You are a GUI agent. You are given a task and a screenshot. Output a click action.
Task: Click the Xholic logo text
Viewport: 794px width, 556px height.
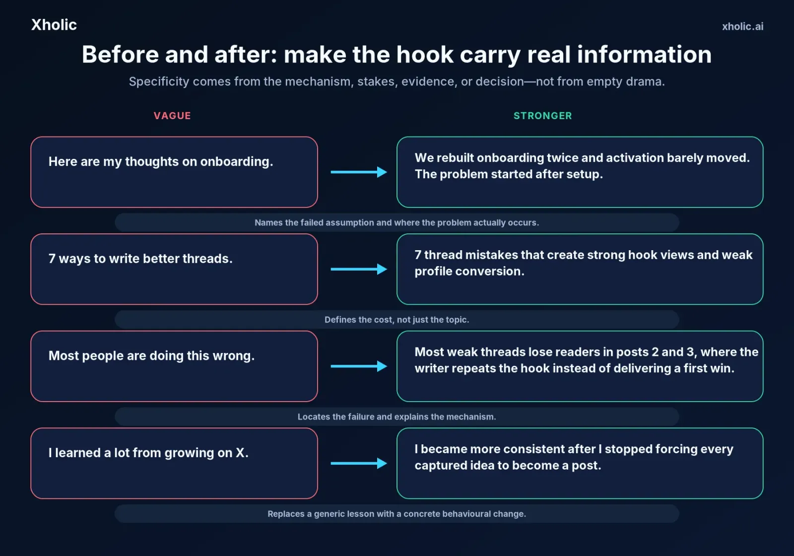pos(54,25)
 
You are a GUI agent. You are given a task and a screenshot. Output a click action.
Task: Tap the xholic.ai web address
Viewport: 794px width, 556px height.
pos(742,27)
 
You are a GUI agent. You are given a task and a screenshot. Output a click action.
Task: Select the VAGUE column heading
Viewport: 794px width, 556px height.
pos(172,116)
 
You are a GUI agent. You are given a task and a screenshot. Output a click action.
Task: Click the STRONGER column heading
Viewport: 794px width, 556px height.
pos(543,116)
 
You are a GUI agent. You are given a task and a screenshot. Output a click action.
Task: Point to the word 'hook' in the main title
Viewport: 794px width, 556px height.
pos(425,55)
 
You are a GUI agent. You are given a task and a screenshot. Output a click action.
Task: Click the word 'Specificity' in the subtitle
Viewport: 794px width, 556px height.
pos(159,82)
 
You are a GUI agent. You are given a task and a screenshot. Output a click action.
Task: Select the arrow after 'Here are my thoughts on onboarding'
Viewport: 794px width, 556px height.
pos(359,172)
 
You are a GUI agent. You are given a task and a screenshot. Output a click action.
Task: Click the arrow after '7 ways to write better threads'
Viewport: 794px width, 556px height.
pos(359,269)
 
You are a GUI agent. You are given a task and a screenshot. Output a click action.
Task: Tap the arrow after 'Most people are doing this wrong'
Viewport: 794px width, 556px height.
pos(359,366)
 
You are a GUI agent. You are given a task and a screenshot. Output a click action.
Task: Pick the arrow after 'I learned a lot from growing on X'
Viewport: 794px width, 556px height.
pos(359,463)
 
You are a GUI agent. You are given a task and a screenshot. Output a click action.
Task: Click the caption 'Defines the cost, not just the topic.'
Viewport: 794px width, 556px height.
pos(397,320)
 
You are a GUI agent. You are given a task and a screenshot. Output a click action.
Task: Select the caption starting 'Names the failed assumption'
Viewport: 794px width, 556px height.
pos(397,223)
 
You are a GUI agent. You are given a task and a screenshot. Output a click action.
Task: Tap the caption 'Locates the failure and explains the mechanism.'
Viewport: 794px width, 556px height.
pos(397,417)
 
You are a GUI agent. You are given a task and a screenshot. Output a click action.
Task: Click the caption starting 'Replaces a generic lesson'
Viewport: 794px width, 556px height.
pos(397,514)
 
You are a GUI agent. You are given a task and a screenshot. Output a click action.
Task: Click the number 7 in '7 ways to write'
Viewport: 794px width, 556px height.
pos(52,259)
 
